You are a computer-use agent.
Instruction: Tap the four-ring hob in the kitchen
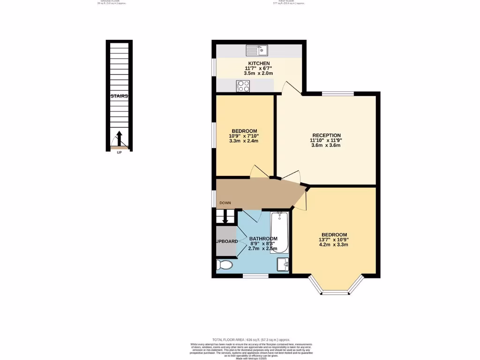tap(243, 86)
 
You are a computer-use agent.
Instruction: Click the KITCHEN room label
tap(259, 63)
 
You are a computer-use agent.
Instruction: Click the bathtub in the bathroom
tap(280, 232)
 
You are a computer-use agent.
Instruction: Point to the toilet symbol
tap(225, 265)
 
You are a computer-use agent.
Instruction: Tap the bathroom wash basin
tap(283, 264)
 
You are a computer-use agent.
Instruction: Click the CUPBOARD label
tap(226, 241)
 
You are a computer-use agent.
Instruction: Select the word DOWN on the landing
tap(225, 203)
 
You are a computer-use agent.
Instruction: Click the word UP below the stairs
tap(119, 152)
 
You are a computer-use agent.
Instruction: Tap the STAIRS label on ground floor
tap(119, 96)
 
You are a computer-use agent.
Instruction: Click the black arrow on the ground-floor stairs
tap(119, 138)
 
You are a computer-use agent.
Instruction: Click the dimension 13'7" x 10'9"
tap(334, 240)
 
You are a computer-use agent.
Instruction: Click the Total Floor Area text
tap(251, 339)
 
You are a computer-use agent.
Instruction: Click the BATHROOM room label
tap(263, 239)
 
